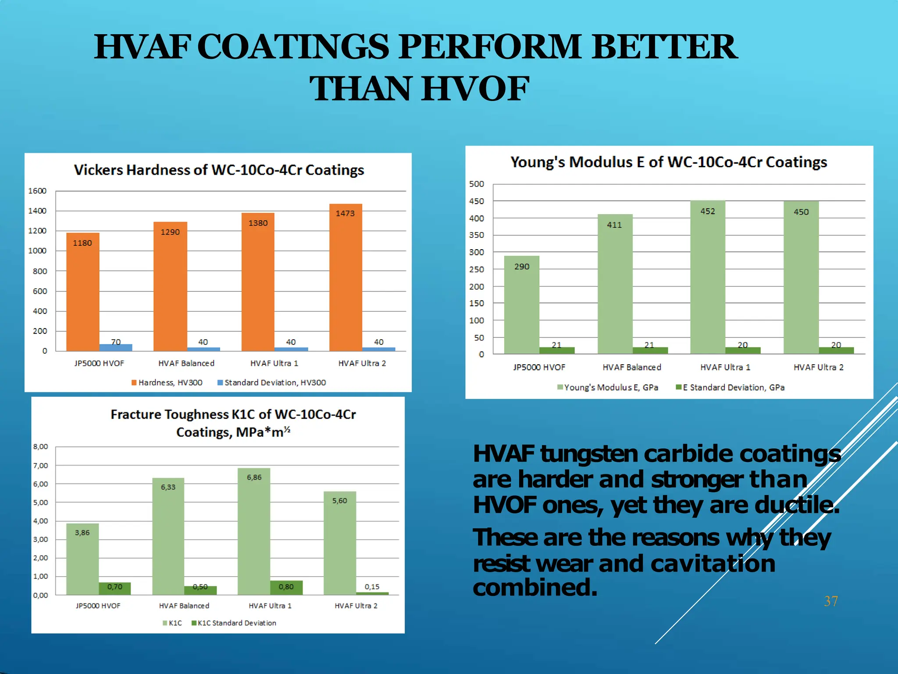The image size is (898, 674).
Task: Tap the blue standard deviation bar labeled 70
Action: click(x=116, y=347)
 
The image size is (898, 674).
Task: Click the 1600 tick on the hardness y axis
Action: click(x=37, y=191)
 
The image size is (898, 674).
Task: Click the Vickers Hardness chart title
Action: click(x=219, y=170)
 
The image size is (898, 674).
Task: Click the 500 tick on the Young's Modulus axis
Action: click(x=477, y=184)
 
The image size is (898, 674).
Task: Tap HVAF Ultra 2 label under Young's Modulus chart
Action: click(x=818, y=367)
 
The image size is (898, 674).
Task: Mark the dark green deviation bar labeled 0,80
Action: click(x=286, y=588)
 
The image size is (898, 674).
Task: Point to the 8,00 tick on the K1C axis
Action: click(x=40, y=447)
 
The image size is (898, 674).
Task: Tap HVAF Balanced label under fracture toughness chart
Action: click(x=184, y=606)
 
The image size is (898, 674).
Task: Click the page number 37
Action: click(x=831, y=601)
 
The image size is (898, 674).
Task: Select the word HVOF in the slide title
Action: click(x=475, y=89)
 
